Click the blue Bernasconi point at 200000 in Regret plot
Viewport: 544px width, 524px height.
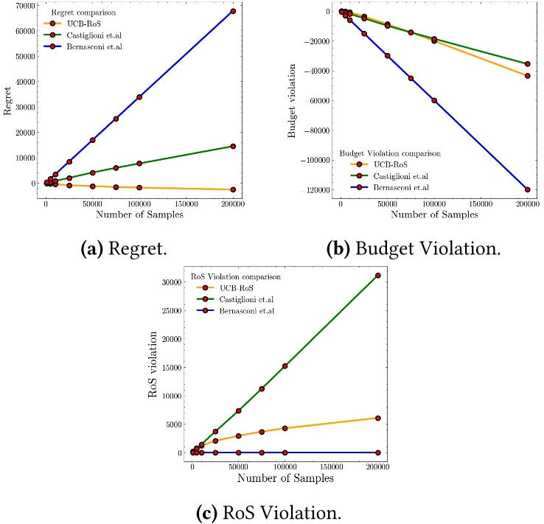pyautogui.click(x=233, y=11)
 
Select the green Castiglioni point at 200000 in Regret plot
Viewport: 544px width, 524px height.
pyautogui.click(x=233, y=146)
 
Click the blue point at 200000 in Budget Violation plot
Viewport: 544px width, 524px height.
pyautogui.click(x=528, y=189)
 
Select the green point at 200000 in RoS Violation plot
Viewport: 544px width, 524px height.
pyautogui.click(x=378, y=275)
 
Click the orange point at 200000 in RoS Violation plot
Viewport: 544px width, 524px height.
pyautogui.click(x=378, y=418)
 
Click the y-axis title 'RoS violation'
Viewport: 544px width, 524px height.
pyautogui.click(x=154, y=365)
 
